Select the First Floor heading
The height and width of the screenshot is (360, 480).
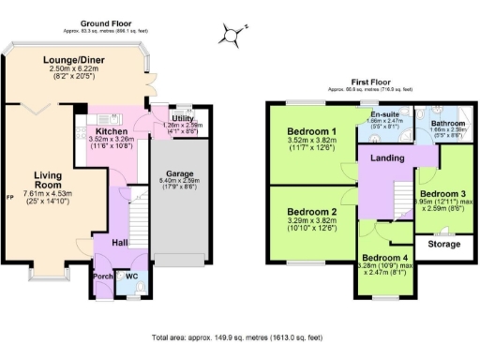pos(371,82)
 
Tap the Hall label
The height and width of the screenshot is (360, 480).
pos(121,242)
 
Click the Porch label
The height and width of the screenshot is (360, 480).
pos(102,276)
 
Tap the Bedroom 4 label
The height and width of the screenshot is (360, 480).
pos(385,258)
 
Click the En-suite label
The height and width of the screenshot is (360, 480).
pos(384,114)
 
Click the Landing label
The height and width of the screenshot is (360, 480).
pos(386,158)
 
